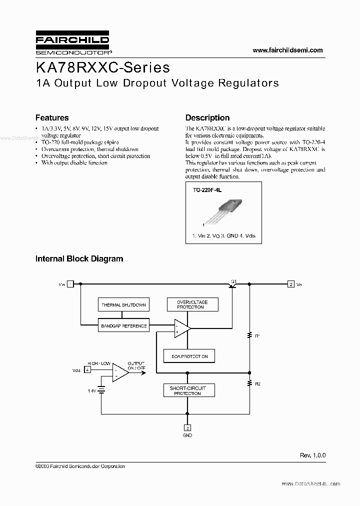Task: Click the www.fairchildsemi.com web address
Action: point(287,50)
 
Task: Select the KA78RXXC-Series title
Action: point(102,67)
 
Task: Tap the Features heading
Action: point(52,118)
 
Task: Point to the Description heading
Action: point(207,118)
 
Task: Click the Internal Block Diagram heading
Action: point(79,259)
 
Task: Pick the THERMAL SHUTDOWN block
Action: point(123,304)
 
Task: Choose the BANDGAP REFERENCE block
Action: point(123,326)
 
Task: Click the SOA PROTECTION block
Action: point(189,356)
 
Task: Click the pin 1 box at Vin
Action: point(70,284)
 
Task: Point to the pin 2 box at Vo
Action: point(291,284)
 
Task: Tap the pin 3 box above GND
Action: point(187,428)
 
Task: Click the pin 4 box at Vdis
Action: point(87,370)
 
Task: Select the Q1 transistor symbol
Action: point(233,284)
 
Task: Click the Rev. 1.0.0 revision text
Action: point(312,455)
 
